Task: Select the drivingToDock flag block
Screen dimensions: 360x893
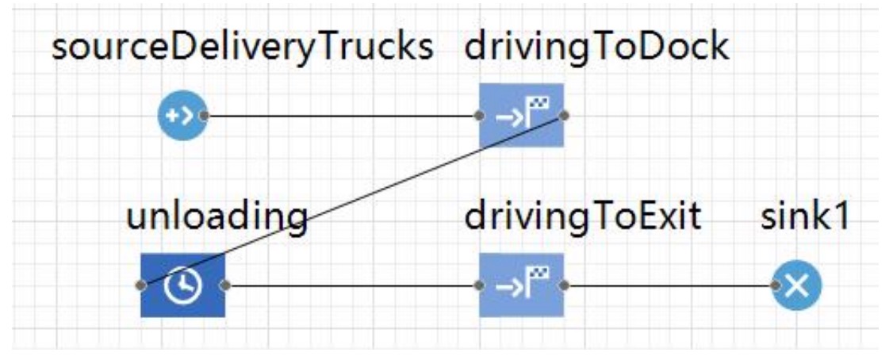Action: point(521,116)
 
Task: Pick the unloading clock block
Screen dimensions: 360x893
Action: point(183,285)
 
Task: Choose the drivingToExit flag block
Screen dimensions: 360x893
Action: point(521,285)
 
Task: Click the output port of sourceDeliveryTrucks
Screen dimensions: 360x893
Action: point(204,116)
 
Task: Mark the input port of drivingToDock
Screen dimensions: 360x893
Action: point(479,116)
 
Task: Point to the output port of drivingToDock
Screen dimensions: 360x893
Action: point(564,116)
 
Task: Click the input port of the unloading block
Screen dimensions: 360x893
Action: point(141,285)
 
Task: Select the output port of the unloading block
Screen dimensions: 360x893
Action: point(225,285)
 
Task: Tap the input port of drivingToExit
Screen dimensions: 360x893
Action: point(479,285)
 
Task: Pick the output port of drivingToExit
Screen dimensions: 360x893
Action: point(564,285)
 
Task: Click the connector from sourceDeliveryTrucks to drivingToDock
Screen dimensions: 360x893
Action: point(341,116)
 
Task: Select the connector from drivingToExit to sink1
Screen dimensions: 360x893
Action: point(670,285)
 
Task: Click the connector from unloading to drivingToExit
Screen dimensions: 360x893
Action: point(352,285)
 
